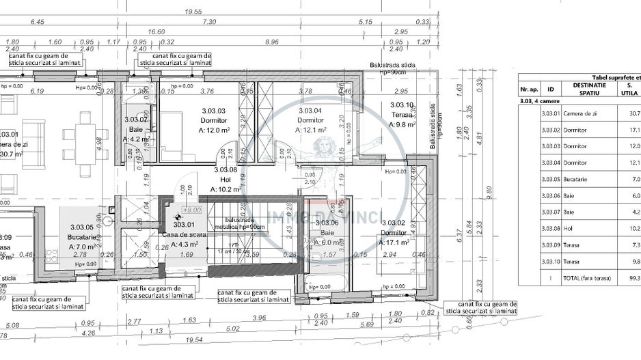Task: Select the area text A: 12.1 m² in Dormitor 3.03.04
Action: pos(310,129)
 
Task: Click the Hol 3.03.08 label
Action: pos(225,169)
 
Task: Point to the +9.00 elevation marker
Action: pos(192,210)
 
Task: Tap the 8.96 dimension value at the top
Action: pos(271,42)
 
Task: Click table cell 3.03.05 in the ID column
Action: pos(550,180)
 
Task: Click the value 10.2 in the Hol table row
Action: pos(633,229)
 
